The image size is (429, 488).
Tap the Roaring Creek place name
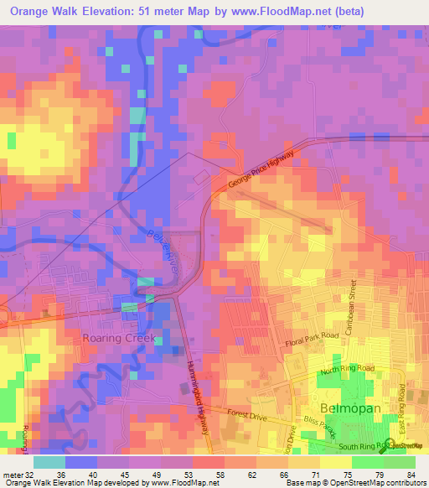tap(120, 338)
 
